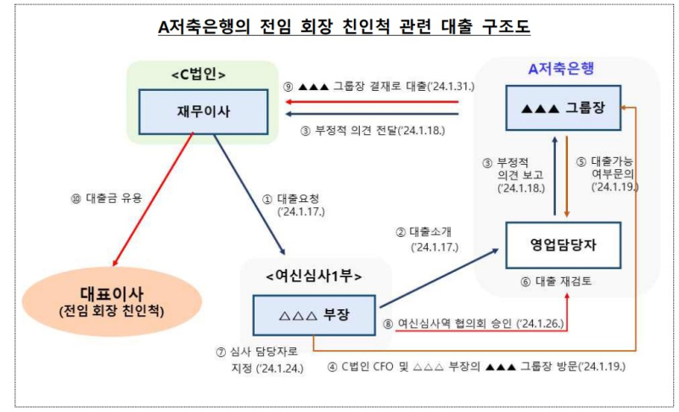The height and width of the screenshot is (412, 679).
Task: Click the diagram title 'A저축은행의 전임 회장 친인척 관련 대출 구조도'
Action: (344, 26)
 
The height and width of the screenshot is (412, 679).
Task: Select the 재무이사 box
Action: (203, 112)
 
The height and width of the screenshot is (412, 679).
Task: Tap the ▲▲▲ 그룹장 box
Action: (564, 108)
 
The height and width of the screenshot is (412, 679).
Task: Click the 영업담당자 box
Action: (564, 246)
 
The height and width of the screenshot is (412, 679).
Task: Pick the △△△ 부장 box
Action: (314, 315)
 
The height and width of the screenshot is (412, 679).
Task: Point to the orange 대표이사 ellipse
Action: (112, 302)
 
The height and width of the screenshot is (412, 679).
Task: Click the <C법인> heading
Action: (199, 75)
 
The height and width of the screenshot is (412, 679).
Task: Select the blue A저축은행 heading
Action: (561, 69)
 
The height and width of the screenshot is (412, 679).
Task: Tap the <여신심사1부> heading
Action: (314, 275)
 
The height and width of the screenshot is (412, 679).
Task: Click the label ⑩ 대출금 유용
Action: (107, 199)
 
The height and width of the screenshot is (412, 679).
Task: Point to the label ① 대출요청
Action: (294, 205)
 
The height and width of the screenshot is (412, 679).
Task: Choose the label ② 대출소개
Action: (427, 240)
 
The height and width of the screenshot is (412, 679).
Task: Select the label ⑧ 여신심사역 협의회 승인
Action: (474, 324)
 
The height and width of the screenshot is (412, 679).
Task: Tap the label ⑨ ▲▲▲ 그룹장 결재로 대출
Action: (379, 86)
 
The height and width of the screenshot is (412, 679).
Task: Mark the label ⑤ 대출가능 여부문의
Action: (607, 174)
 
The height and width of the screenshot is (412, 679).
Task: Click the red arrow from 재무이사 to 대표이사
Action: (153, 200)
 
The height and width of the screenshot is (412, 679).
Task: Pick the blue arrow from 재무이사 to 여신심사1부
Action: (250, 195)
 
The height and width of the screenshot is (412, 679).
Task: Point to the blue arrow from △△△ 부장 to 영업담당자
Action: (439, 278)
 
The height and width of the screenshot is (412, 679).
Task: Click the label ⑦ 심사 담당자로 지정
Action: (260, 359)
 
